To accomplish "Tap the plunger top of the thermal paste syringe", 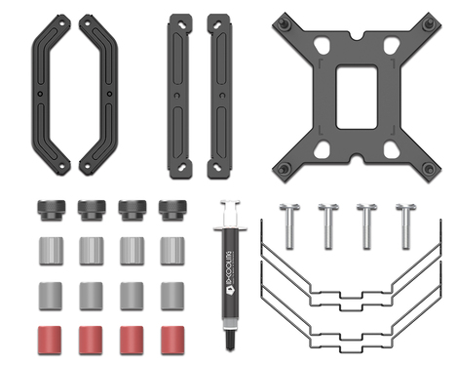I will pyautogui.click(x=228, y=206).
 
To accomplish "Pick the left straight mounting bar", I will pyautogui.click(x=179, y=95).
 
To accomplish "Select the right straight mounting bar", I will pyautogui.click(x=219, y=95).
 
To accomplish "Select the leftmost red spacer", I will pyautogui.click(x=51, y=338).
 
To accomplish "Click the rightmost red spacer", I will pyautogui.click(x=171, y=338).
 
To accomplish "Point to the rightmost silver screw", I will pyautogui.click(x=403, y=224).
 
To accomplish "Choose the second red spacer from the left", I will pyautogui.click(x=91, y=338).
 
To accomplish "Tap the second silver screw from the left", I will pyautogui.click(x=326, y=224).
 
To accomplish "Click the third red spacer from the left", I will pyautogui.click(x=132, y=338).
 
